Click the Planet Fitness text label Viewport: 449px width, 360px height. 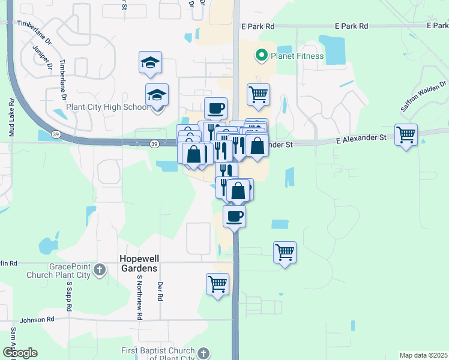(296, 56)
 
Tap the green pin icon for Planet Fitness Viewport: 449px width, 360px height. (261, 56)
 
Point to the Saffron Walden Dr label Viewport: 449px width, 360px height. (425, 96)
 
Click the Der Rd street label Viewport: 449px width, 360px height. (160, 292)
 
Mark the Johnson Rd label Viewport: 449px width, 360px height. (37, 320)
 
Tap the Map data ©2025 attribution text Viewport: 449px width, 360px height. (423, 355)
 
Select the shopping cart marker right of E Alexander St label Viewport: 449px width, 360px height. (406, 134)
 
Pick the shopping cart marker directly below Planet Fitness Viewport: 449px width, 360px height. (258, 94)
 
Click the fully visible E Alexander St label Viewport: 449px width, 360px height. (360, 137)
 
